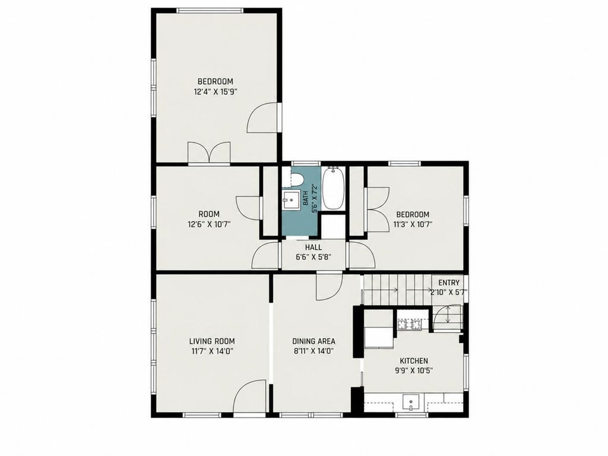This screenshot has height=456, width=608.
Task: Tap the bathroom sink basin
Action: pyautogui.click(x=291, y=200)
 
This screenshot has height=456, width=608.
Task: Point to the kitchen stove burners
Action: pyautogui.click(x=408, y=324)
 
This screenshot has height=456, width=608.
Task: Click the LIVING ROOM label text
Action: pyautogui.click(x=212, y=341)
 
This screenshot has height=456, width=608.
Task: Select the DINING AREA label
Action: pyautogui.click(x=313, y=341)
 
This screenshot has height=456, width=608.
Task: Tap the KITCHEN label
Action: pyautogui.click(x=414, y=361)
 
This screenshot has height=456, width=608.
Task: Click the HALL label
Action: pyautogui.click(x=313, y=247)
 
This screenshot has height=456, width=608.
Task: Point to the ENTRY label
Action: pyautogui.click(x=449, y=283)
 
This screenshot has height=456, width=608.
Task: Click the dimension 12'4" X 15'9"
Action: pyautogui.click(x=215, y=92)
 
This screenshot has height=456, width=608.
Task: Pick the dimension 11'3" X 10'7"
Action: pyautogui.click(x=413, y=224)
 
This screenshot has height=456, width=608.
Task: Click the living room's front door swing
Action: pyautogui.click(x=250, y=396)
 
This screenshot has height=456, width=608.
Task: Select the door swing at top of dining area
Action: pyautogui.click(x=329, y=287)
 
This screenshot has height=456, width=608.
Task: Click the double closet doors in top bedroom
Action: pyautogui.click(x=209, y=152)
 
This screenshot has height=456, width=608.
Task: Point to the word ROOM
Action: pyautogui.click(x=209, y=214)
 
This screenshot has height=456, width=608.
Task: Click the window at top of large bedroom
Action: pyautogui.click(x=210, y=11)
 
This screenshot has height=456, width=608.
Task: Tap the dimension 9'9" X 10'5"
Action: pyautogui.click(x=414, y=370)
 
